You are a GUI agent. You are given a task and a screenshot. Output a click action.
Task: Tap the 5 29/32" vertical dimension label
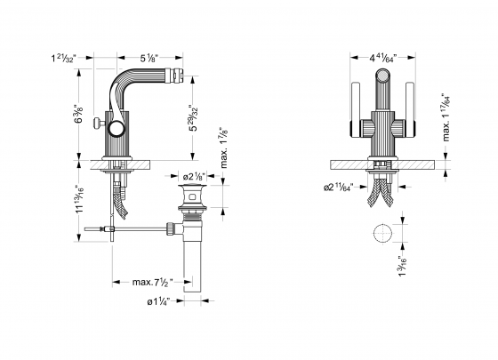tap(192, 119)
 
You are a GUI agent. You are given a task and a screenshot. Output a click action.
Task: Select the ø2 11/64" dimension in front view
tap(340, 188)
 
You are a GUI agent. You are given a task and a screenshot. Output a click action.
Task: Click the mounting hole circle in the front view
tap(381, 234)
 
